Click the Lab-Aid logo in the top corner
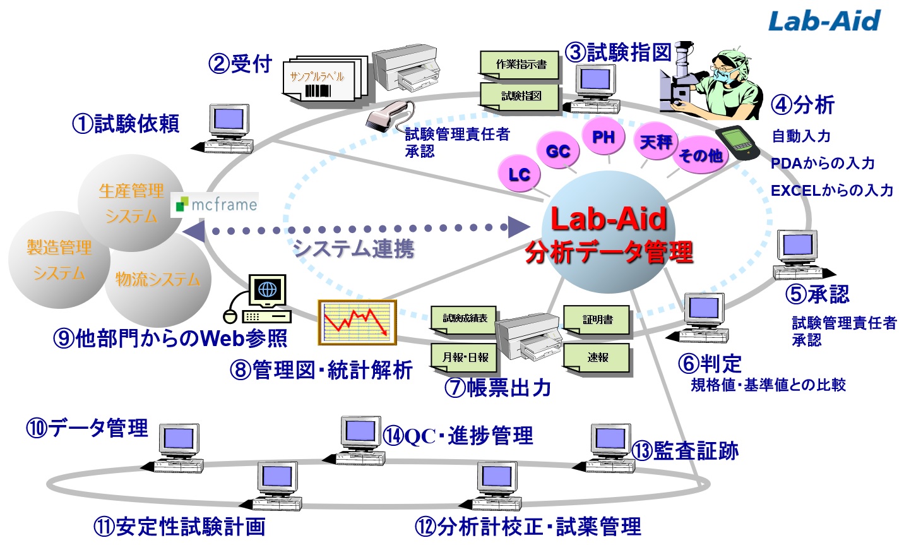point(824,21)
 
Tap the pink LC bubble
point(520,174)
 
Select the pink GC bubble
point(557,151)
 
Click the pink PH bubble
point(603,137)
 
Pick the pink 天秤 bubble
point(655,141)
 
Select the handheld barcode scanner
point(388,116)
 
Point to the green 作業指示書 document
point(520,64)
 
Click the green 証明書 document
point(597,320)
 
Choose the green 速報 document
point(597,358)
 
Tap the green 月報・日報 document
point(465,357)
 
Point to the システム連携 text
point(354,248)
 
